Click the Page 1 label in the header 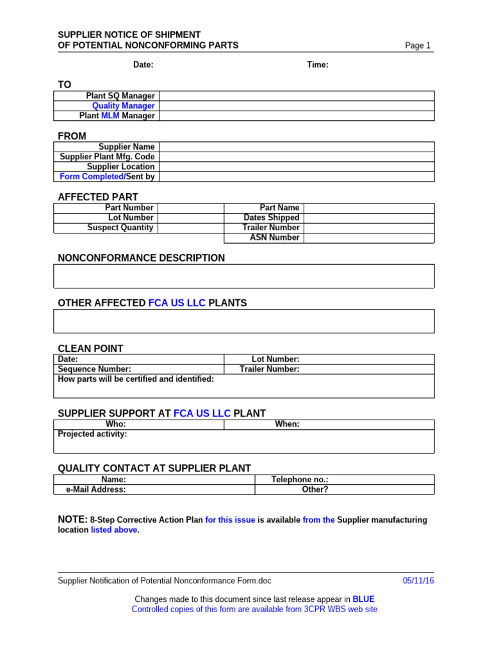(x=418, y=45)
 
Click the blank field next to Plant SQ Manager (x=296, y=96)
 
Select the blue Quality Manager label (x=123, y=106)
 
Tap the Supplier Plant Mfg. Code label (x=107, y=157)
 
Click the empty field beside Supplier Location (x=296, y=166)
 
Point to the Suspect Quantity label (x=120, y=228)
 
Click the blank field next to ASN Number (x=368, y=237)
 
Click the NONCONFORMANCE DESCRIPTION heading (x=142, y=258)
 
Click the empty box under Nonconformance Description (x=244, y=276)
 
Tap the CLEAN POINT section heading (x=90, y=349)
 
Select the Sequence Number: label (x=94, y=369)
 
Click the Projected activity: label (x=92, y=434)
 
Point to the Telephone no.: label (x=300, y=480)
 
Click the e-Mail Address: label (x=96, y=489)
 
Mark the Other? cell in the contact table (x=315, y=489)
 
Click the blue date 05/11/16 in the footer (x=418, y=581)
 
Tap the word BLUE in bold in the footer (x=363, y=599)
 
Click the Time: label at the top (x=318, y=65)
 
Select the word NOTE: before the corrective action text (x=72, y=519)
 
